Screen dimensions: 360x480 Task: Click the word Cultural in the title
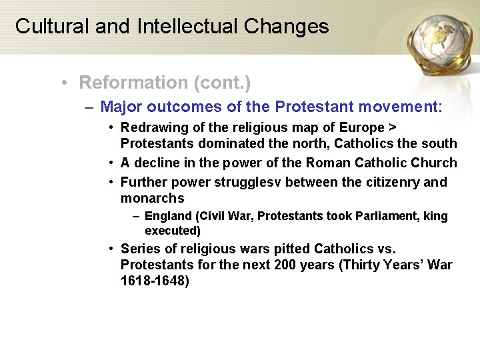pyautogui.click(x=52, y=26)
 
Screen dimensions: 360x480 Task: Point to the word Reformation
pyautogui.click(x=133, y=83)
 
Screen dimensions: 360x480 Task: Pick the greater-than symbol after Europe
pyautogui.click(x=393, y=127)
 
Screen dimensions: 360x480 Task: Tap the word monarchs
pyautogui.click(x=152, y=198)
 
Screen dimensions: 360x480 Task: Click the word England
pyautogui.click(x=167, y=216)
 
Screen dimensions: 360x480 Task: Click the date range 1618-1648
pyautogui.click(x=155, y=281)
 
